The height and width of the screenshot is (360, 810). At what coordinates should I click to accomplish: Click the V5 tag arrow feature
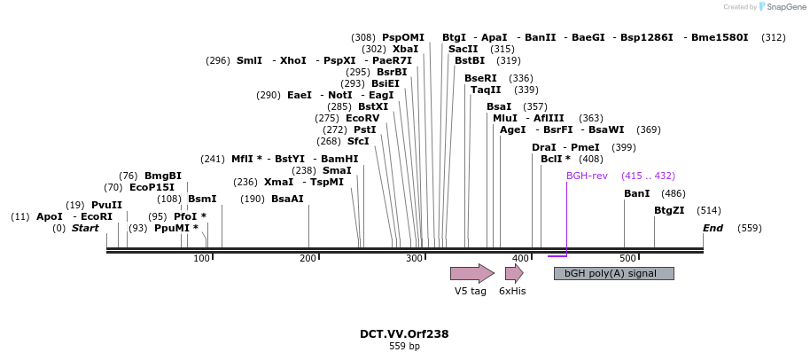tap(471, 273)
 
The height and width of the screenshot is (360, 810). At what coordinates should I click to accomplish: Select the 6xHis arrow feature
tap(513, 273)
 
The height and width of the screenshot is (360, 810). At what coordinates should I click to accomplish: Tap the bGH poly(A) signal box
tap(613, 273)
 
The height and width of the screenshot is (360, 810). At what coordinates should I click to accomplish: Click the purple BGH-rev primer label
tap(587, 176)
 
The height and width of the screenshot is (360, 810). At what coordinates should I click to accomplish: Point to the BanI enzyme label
tap(636, 193)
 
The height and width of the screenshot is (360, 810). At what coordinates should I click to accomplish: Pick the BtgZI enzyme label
tap(669, 210)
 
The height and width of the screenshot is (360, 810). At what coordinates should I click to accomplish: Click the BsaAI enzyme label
tap(287, 199)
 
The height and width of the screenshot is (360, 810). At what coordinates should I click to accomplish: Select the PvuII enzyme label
tap(106, 205)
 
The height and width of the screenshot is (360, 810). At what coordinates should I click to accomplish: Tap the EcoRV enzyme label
tap(362, 118)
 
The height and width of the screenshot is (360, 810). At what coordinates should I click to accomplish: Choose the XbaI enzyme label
tap(405, 49)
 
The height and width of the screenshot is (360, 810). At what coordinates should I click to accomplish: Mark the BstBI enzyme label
tap(470, 60)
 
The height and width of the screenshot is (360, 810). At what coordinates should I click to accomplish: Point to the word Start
tap(85, 228)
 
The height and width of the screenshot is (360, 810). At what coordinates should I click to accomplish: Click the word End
tap(713, 228)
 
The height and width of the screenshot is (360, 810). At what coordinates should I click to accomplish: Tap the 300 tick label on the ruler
tap(414, 258)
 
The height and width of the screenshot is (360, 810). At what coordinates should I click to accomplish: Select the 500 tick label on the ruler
tap(627, 258)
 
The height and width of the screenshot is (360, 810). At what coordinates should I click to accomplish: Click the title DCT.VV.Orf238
tap(404, 334)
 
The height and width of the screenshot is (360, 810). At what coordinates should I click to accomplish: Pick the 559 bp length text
tap(404, 347)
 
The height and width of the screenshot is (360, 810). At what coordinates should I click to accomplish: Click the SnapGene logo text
tap(785, 7)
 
